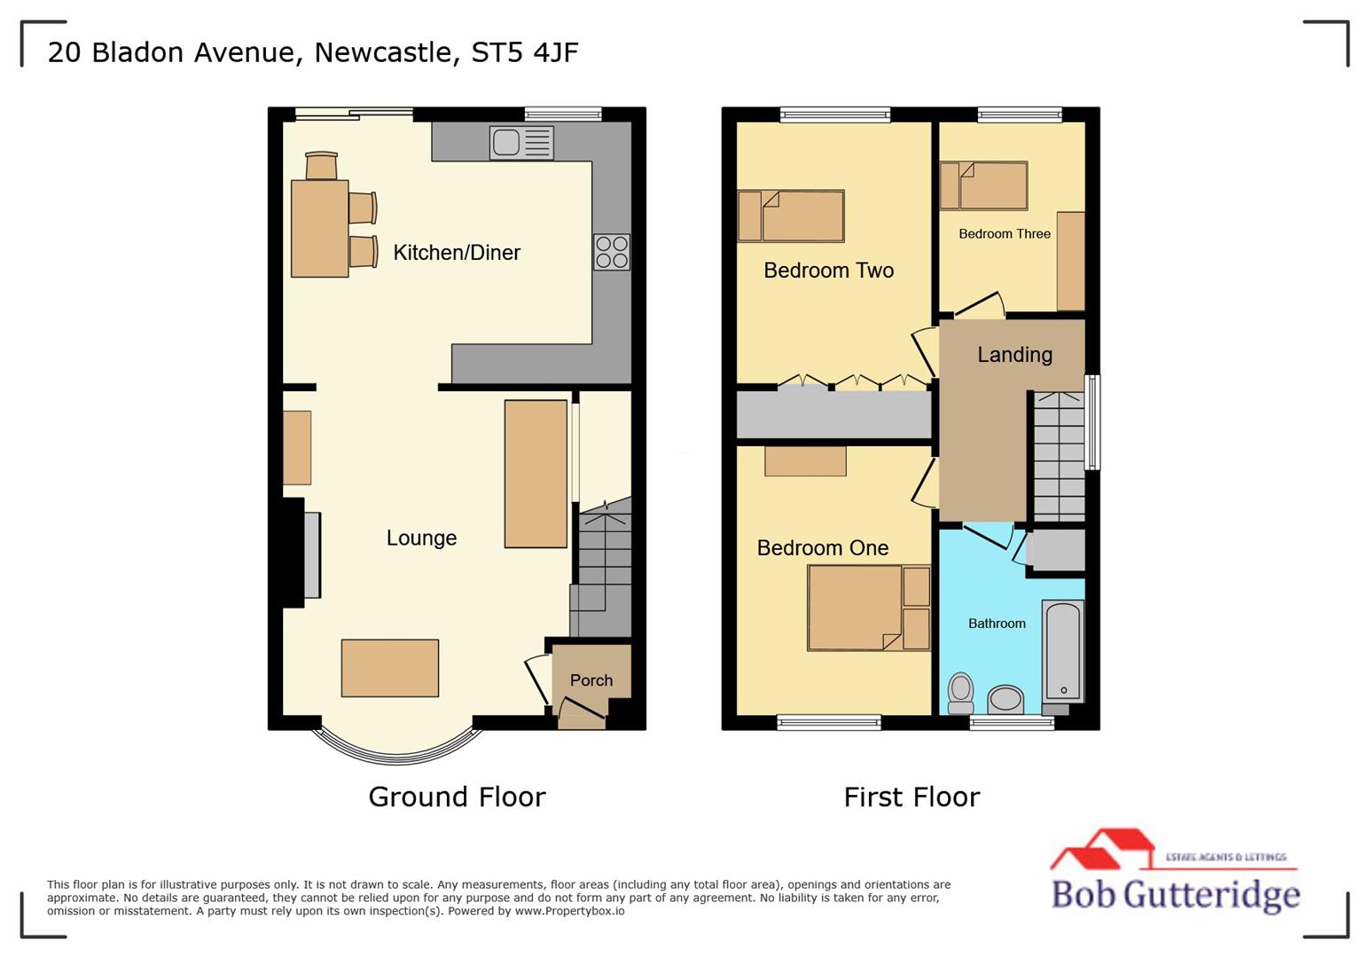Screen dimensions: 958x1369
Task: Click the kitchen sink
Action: [x=521, y=143]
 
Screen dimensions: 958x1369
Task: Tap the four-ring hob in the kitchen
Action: [x=612, y=252]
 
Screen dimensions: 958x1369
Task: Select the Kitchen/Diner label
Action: [x=457, y=253]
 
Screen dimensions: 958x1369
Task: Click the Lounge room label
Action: [x=421, y=538]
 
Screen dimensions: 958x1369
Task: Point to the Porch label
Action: [x=591, y=680]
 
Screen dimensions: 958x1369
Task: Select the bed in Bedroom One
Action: [x=856, y=608]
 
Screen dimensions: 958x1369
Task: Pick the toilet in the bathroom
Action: [x=961, y=693]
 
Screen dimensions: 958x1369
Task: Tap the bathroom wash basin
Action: [x=1005, y=699]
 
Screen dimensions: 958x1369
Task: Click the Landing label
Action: [x=1014, y=355]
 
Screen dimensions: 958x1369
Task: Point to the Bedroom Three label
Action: [x=1005, y=234]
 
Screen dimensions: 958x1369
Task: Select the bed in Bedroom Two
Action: [x=791, y=216]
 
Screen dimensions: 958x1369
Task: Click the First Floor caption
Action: [x=911, y=797]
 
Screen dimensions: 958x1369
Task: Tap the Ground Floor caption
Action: [x=457, y=797]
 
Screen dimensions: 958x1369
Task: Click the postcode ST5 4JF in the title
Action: [x=524, y=52]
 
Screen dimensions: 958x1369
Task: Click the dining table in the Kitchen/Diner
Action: [x=320, y=228]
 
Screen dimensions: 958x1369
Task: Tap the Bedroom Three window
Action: [x=1020, y=114]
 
